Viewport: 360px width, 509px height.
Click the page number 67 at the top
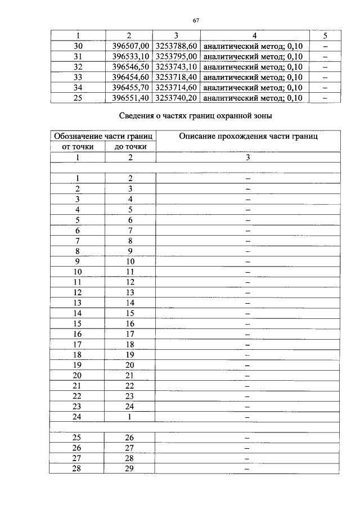[196, 21]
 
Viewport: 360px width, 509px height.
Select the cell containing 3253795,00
[176, 56]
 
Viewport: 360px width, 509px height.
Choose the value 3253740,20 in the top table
[176, 97]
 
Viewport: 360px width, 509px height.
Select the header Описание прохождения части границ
[247, 137]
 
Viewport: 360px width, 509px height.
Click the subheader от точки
[77, 147]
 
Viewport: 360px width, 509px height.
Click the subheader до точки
[130, 147]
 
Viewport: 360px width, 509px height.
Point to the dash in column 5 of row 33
[325, 77]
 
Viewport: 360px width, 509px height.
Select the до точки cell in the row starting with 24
[130, 417]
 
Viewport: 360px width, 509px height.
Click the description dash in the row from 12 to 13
[247, 292]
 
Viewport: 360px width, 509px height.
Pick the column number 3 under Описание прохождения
[247, 157]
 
